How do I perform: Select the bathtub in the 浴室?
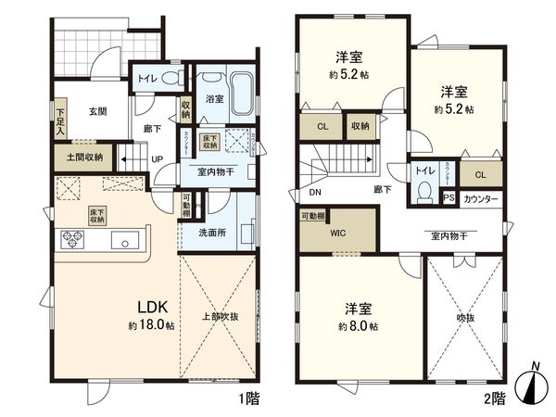tap(241, 94)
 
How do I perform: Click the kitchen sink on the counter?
tap(124, 240)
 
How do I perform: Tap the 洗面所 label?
tap(211, 233)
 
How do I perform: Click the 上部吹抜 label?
tap(221, 316)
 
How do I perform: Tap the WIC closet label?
tap(337, 234)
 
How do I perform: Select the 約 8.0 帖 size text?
tap(358, 327)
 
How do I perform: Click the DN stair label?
tap(315, 195)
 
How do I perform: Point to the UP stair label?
tap(158, 159)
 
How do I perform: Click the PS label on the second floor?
tap(449, 198)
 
